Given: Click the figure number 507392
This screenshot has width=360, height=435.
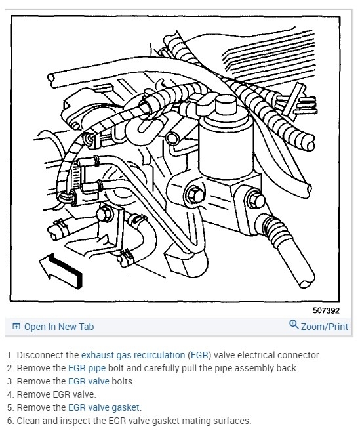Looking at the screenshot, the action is pyautogui.click(x=326, y=310).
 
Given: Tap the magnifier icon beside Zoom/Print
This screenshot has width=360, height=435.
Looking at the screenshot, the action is pyautogui.click(x=294, y=324).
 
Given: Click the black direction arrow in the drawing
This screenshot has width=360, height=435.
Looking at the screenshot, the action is pyautogui.click(x=60, y=270).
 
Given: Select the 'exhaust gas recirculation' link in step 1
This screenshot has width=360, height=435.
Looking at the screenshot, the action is pyautogui.click(x=133, y=355).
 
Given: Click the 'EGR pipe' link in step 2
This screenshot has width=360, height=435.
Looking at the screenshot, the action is pyautogui.click(x=87, y=368).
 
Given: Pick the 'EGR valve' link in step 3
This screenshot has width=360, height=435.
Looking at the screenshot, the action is pyautogui.click(x=89, y=381).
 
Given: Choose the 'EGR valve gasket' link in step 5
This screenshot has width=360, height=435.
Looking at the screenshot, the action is pyautogui.click(x=104, y=407).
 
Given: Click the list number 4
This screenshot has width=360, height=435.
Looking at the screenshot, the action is pyautogui.click(x=10, y=394).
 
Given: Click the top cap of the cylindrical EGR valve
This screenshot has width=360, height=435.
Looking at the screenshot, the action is pyautogui.click(x=226, y=104).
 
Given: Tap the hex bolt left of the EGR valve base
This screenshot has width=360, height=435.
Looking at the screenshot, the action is pyautogui.click(x=193, y=194).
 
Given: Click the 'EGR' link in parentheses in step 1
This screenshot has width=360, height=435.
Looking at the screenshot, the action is pyautogui.click(x=199, y=355).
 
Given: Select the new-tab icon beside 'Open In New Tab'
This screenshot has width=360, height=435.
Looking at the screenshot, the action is pyautogui.click(x=16, y=327).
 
